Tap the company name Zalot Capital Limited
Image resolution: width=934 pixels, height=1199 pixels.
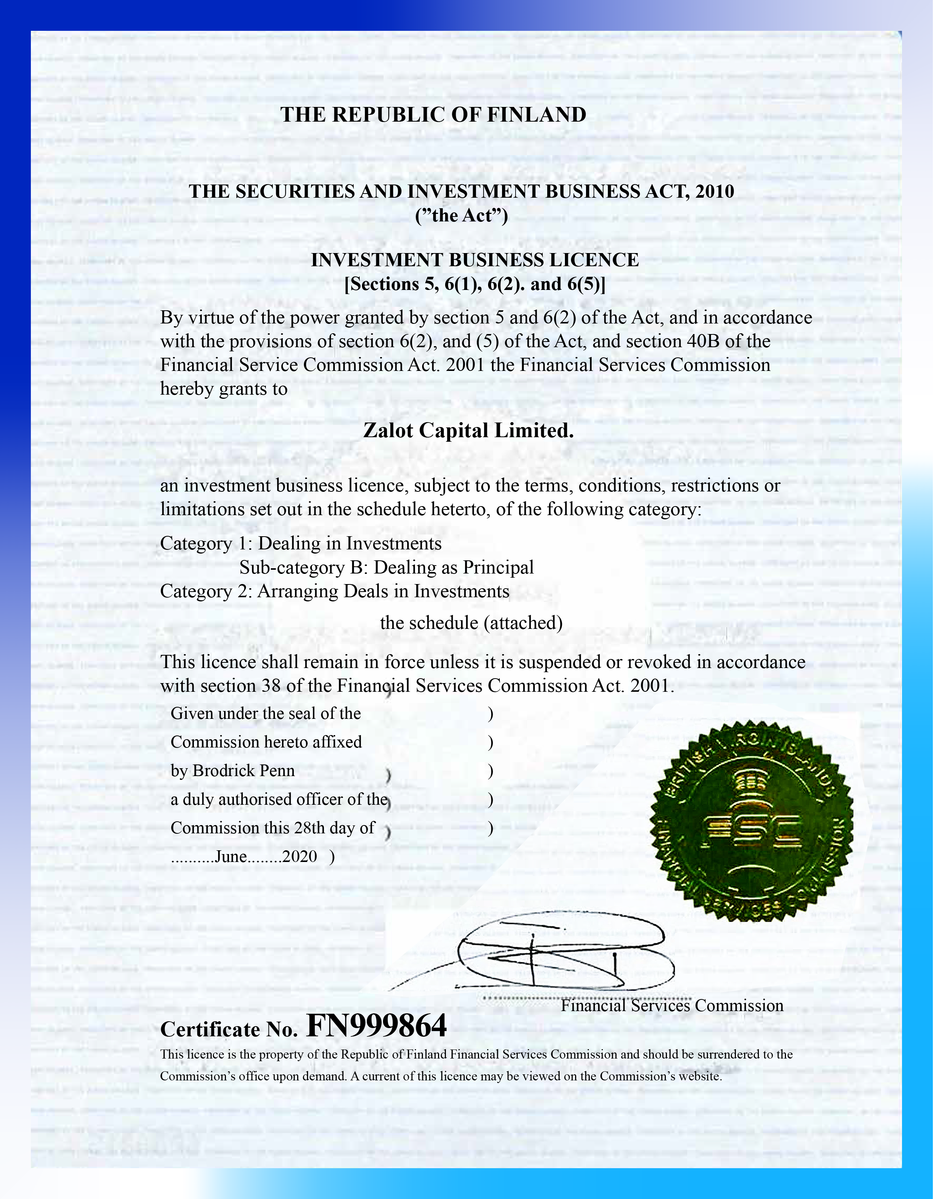[x=469, y=430]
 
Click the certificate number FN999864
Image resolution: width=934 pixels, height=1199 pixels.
[x=376, y=1025]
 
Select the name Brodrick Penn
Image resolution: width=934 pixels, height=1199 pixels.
[x=244, y=771]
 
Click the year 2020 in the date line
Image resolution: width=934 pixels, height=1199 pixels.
[x=299, y=856]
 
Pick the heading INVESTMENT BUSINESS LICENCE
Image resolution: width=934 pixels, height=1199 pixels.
[x=475, y=260]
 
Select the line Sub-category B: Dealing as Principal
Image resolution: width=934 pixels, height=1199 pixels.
[x=386, y=567]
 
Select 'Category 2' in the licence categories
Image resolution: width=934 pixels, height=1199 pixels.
[x=206, y=591]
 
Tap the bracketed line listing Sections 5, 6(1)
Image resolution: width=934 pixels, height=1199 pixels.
[x=475, y=284]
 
